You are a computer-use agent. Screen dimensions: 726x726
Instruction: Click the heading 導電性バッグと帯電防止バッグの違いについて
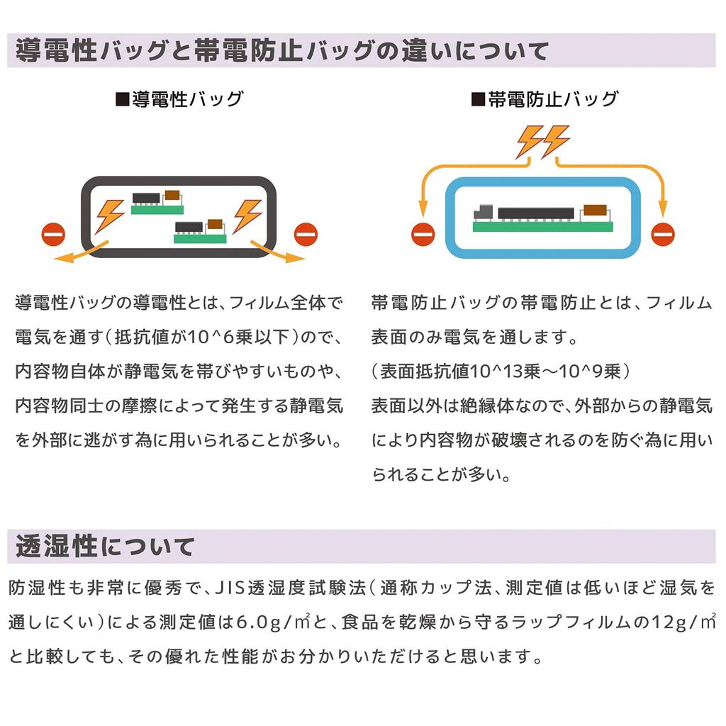[x=282, y=51]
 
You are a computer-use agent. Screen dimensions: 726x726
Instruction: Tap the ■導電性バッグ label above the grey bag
[x=179, y=99]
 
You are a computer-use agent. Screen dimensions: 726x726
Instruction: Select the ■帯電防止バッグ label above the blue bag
[x=544, y=99]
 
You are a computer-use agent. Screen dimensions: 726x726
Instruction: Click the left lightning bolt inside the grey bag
[x=110, y=214]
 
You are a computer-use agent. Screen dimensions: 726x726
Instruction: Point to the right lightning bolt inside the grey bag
[x=247, y=214]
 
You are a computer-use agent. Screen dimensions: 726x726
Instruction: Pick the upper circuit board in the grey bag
[x=157, y=202]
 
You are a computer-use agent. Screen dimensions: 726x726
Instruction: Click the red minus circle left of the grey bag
[x=53, y=233]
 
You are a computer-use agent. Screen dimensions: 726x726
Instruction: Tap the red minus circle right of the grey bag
[x=306, y=233]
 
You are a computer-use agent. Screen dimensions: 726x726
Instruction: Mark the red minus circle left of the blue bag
[x=423, y=233]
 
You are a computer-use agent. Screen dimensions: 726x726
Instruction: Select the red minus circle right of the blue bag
[x=664, y=233]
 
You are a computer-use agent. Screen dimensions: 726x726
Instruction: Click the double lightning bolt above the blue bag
[x=542, y=141]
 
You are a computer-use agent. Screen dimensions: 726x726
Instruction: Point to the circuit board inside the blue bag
[x=542, y=217]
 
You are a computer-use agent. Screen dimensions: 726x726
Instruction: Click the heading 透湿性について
[x=105, y=547]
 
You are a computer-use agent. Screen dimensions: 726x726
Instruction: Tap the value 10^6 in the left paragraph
[x=201, y=337]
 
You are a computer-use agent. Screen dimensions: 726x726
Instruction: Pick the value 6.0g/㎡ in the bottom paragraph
[x=272, y=622]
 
